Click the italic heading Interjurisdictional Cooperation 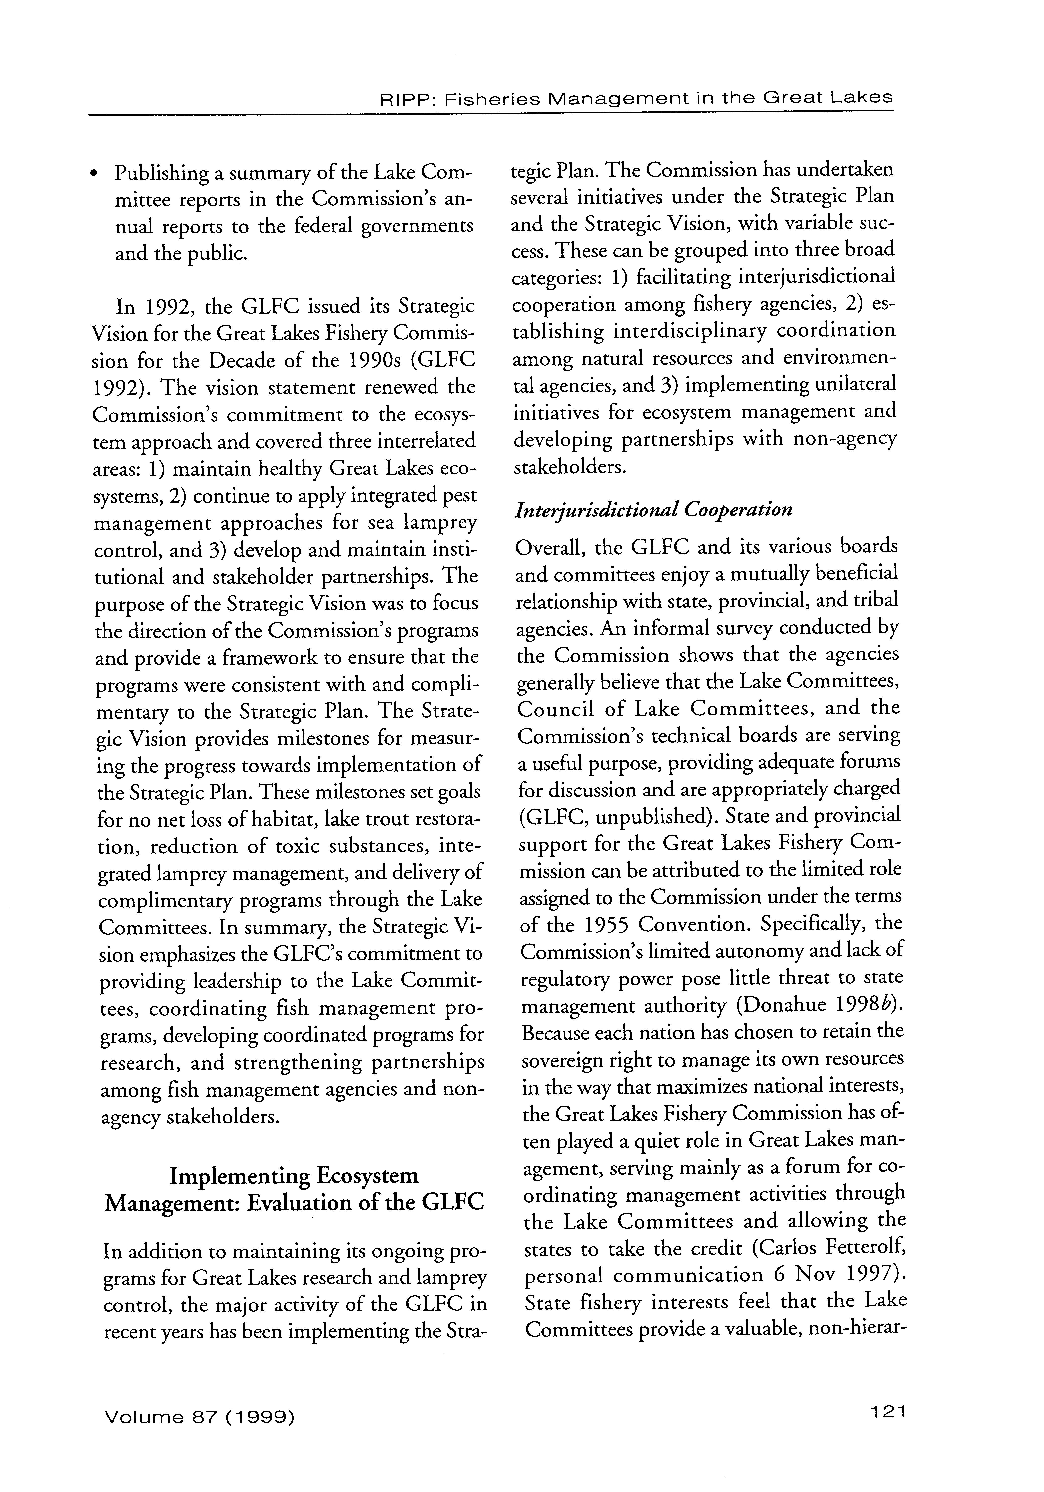point(653,509)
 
